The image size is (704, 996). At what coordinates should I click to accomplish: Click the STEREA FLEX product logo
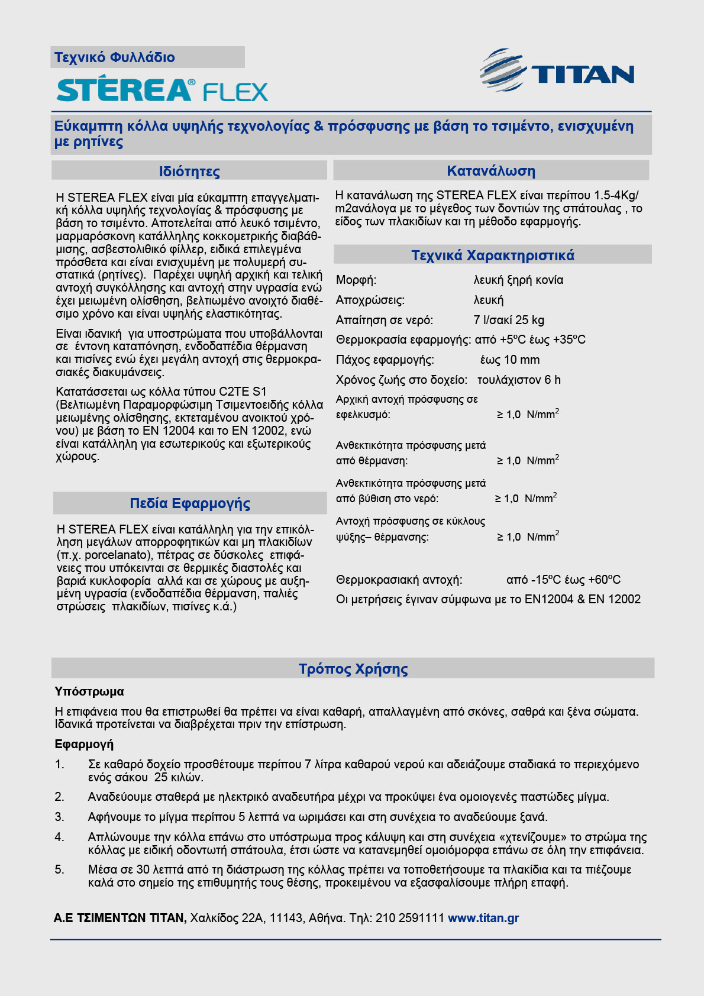162,90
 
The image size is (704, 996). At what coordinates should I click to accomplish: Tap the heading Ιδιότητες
189,172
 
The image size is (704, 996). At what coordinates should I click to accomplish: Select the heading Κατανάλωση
491,171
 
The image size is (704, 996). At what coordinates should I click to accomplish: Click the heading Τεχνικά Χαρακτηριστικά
493,256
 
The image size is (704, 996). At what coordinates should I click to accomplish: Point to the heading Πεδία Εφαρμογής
190,503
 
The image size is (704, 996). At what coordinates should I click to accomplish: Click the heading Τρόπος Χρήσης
353,669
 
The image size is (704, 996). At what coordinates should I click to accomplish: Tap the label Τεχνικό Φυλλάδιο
115,57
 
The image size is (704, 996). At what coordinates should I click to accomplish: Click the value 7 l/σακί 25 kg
509,320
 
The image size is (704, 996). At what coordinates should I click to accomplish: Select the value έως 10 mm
510,360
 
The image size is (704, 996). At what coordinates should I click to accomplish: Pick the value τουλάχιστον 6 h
519,380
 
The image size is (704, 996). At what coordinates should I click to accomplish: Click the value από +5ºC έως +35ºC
530,339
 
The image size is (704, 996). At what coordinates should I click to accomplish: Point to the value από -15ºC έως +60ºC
563,580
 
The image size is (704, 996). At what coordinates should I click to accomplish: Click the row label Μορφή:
356,280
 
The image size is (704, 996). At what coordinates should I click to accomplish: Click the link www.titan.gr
483,918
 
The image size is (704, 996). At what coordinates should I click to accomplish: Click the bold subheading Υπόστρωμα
89,691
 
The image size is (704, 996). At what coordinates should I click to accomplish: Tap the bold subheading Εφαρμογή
84,744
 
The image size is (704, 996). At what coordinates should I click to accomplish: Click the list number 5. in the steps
60,869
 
